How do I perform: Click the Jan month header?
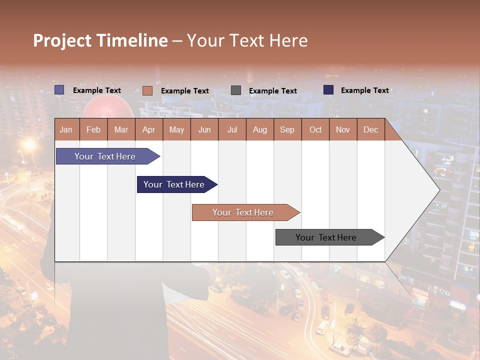pyautogui.click(x=66, y=129)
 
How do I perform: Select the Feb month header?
pyautogui.click(x=93, y=129)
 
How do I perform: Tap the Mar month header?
pyautogui.click(x=121, y=129)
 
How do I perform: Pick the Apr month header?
pyautogui.click(x=149, y=129)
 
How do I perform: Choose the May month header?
pyautogui.click(x=176, y=129)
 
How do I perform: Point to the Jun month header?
pyautogui.click(x=204, y=129)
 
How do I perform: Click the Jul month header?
pyautogui.click(x=232, y=129)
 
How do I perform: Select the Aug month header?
pyautogui.click(x=260, y=129)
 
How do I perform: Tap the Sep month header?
pyautogui.click(x=287, y=129)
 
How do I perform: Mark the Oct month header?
pyautogui.click(x=315, y=129)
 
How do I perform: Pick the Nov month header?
pyautogui.click(x=343, y=129)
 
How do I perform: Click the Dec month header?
pyautogui.click(x=371, y=129)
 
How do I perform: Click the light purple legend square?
pyautogui.click(x=59, y=90)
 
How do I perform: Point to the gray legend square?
pyautogui.click(x=236, y=90)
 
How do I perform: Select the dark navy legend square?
pyautogui.click(x=328, y=90)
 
